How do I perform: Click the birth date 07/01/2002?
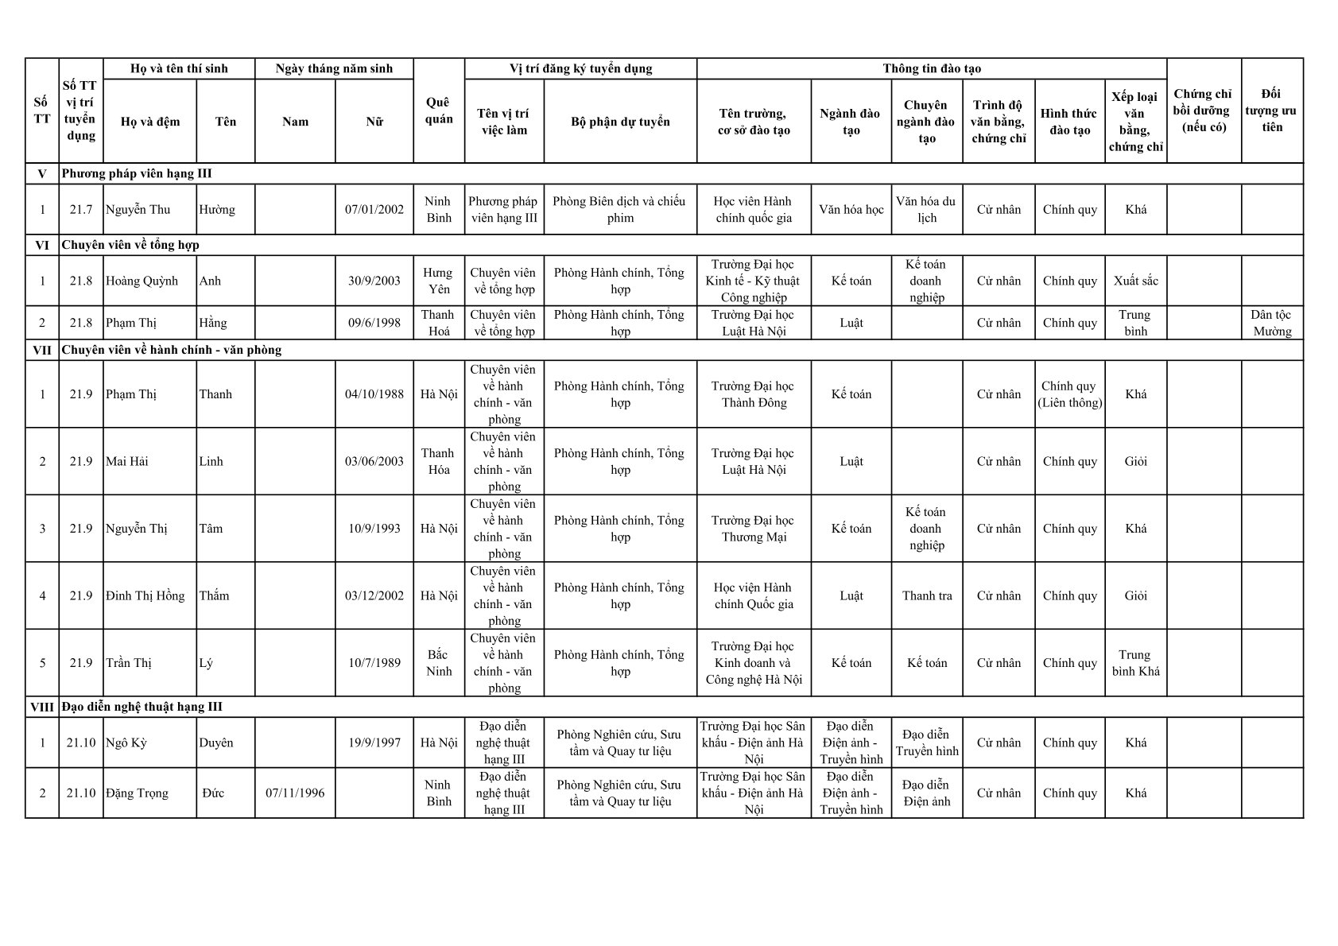click(374, 210)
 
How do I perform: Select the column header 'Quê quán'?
click(439, 110)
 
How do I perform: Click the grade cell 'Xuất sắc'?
click(1135, 281)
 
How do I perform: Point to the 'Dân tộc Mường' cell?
click(1271, 323)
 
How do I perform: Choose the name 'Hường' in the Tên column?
click(217, 210)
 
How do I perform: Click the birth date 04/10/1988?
click(374, 394)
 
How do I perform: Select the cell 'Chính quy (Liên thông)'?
click(1069, 394)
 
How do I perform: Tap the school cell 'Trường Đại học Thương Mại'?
click(753, 529)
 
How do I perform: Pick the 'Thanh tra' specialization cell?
click(926, 596)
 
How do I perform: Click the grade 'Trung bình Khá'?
click(1135, 663)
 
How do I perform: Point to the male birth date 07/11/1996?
click(295, 793)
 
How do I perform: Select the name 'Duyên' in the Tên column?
click(216, 743)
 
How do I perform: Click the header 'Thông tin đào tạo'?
click(931, 69)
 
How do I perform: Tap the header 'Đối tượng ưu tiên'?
click(1271, 110)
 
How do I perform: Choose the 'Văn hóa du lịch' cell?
click(926, 210)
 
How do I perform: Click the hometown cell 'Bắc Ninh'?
click(439, 663)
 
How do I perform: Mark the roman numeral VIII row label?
click(42, 708)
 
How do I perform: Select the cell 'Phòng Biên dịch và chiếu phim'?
click(619, 210)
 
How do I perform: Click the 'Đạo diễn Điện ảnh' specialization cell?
click(926, 793)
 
